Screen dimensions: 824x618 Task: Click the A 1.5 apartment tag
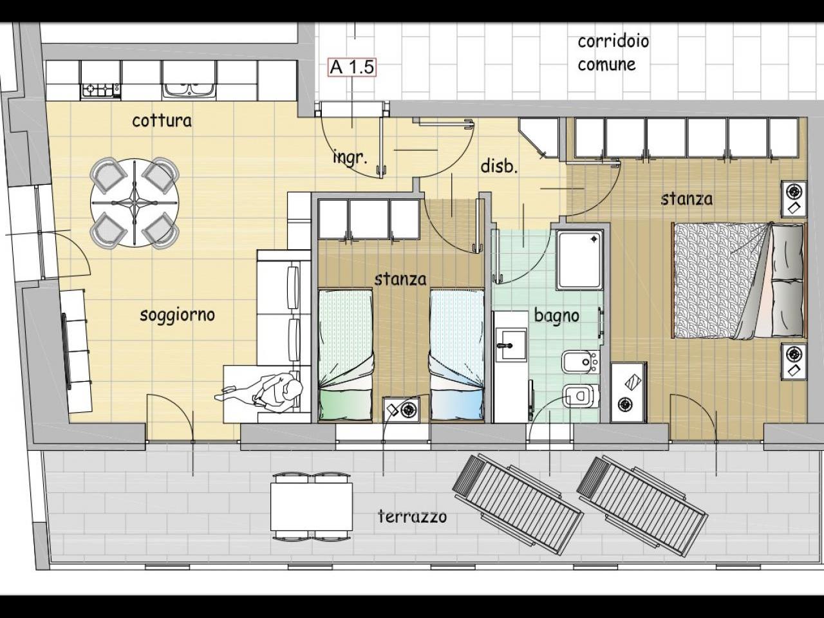pos(351,68)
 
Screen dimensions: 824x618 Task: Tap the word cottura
pos(162,121)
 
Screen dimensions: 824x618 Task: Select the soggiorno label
pos(177,315)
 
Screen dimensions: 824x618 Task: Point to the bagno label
pos(556,316)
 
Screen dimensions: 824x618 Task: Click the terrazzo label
pos(412,517)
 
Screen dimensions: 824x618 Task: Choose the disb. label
pos(499,166)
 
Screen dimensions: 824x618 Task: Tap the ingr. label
pos(350,158)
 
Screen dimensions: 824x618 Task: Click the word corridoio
pos(613,41)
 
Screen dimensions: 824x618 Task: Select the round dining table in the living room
pos(134,203)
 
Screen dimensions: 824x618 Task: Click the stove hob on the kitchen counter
pos(101,89)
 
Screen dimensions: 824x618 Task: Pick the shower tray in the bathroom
pos(579,259)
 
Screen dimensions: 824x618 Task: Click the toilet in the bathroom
pos(580,396)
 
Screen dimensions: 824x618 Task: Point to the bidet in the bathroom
pos(579,362)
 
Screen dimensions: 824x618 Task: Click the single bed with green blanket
pos(345,355)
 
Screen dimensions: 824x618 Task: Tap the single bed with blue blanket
pos(456,355)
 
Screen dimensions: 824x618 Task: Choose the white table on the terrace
pos(312,507)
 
